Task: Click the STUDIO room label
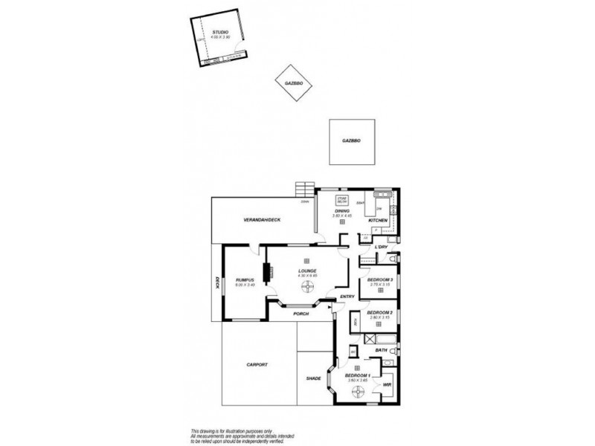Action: [x=220, y=33]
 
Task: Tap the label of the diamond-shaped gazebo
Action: [x=292, y=84]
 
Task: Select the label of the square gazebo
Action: [x=351, y=140]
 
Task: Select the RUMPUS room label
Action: [x=245, y=279]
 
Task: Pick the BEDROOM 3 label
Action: [x=381, y=279]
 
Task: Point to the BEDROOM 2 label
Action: [x=380, y=312]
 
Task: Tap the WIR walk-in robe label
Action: [x=387, y=384]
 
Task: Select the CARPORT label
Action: [x=256, y=365]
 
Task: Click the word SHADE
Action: [x=313, y=378]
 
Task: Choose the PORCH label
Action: [x=300, y=313]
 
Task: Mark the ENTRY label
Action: [x=347, y=297]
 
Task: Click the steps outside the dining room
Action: [x=303, y=188]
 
